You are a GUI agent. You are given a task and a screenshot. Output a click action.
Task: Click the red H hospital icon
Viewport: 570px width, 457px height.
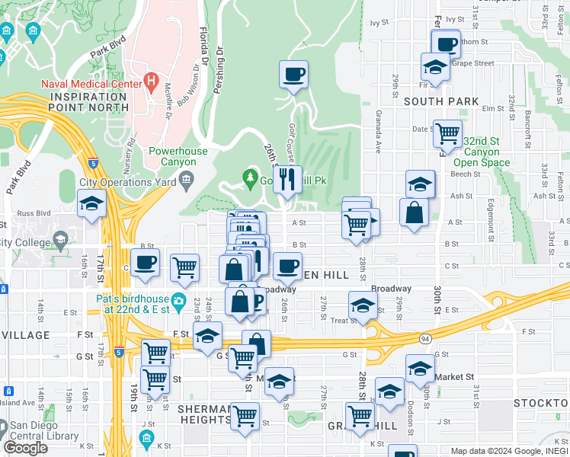tap(151, 79)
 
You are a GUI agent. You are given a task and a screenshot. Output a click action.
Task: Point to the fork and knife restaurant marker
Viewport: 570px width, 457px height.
tap(287, 180)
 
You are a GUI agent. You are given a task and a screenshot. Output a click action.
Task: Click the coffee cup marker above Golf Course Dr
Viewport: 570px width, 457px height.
tap(293, 75)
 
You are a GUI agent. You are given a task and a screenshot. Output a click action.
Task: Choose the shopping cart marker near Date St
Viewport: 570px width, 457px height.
tap(447, 134)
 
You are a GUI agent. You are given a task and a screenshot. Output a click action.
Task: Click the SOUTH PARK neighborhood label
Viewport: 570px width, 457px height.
tap(442, 101)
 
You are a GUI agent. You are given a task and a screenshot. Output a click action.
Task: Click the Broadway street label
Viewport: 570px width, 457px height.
tap(392, 289)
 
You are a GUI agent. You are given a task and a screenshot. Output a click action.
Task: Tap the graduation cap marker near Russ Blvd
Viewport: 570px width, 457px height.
tap(91, 203)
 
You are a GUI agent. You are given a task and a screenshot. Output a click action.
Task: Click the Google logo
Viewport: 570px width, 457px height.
tap(25, 448)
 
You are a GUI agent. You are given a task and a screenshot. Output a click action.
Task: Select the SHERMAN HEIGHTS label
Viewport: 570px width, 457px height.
tap(204, 414)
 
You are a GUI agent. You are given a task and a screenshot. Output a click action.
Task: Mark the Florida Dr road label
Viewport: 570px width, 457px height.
tap(203, 46)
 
